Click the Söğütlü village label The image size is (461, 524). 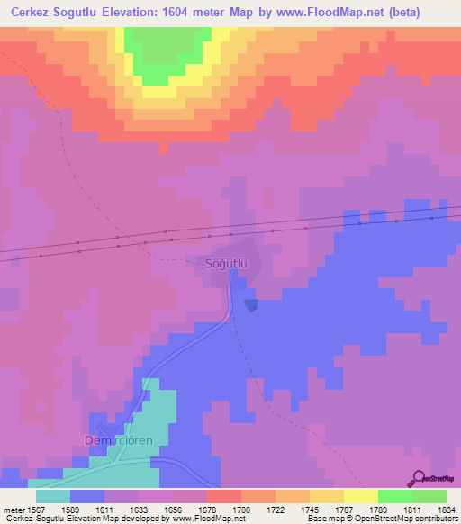[217, 263]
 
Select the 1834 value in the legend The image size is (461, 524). [436, 509]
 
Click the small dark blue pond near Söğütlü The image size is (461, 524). [250, 306]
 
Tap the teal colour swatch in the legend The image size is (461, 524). [53, 496]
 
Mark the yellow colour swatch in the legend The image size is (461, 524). [361, 496]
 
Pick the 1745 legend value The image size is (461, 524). [318, 509]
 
